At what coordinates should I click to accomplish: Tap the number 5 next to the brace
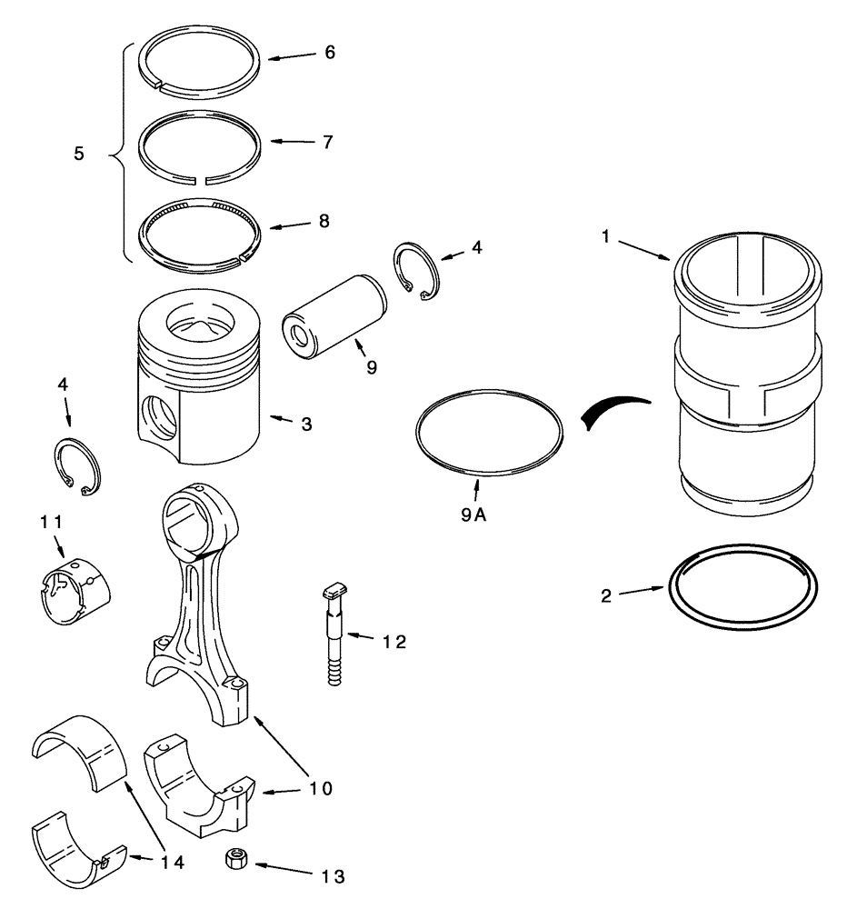pos(79,155)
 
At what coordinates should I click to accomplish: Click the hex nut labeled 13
pos(233,859)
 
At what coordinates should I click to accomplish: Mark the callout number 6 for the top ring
pos(328,53)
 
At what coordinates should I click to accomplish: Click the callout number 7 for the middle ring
pos(328,142)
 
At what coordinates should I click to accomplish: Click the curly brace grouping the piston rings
pos(117,155)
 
